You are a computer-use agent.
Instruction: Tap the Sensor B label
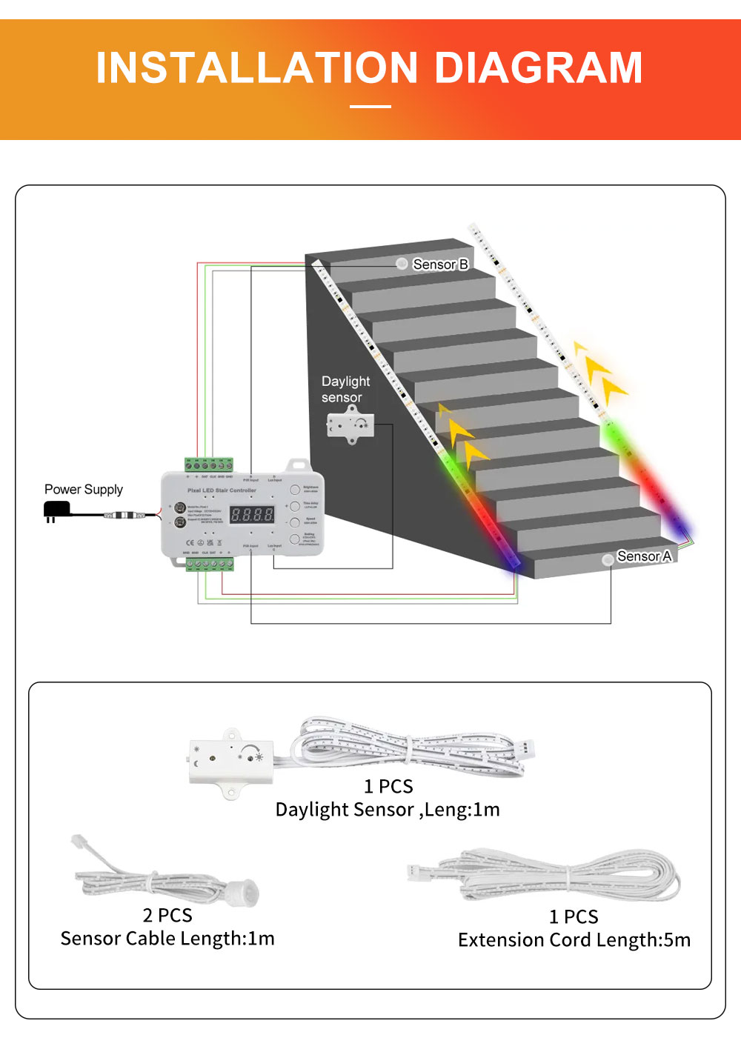(x=440, y=264)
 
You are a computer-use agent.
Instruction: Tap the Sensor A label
(x=644, y=556)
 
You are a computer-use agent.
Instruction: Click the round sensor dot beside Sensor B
(x=402, y=264)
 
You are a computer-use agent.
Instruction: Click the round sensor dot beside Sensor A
(x=608, y=559)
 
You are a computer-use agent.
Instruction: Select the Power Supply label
(x=84, y=490)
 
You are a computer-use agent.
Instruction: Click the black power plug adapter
(x=56, y=510)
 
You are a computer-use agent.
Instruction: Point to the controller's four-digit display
(x=252, y=514)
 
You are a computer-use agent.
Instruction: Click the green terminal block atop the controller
(x=209, y=465)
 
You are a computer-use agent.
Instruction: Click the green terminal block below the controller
(x=210, y=565)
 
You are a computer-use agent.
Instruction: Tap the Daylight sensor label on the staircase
(x=345, y=390)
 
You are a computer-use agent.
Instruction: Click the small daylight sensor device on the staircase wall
(x=350, y=425)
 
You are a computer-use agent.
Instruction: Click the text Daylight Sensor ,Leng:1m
(x=388, y=810)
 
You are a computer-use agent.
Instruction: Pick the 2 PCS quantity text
(x=167, y=916)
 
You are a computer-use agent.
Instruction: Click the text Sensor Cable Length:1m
(x=167, y=939)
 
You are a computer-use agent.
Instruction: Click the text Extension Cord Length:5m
(x=574, y=940)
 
